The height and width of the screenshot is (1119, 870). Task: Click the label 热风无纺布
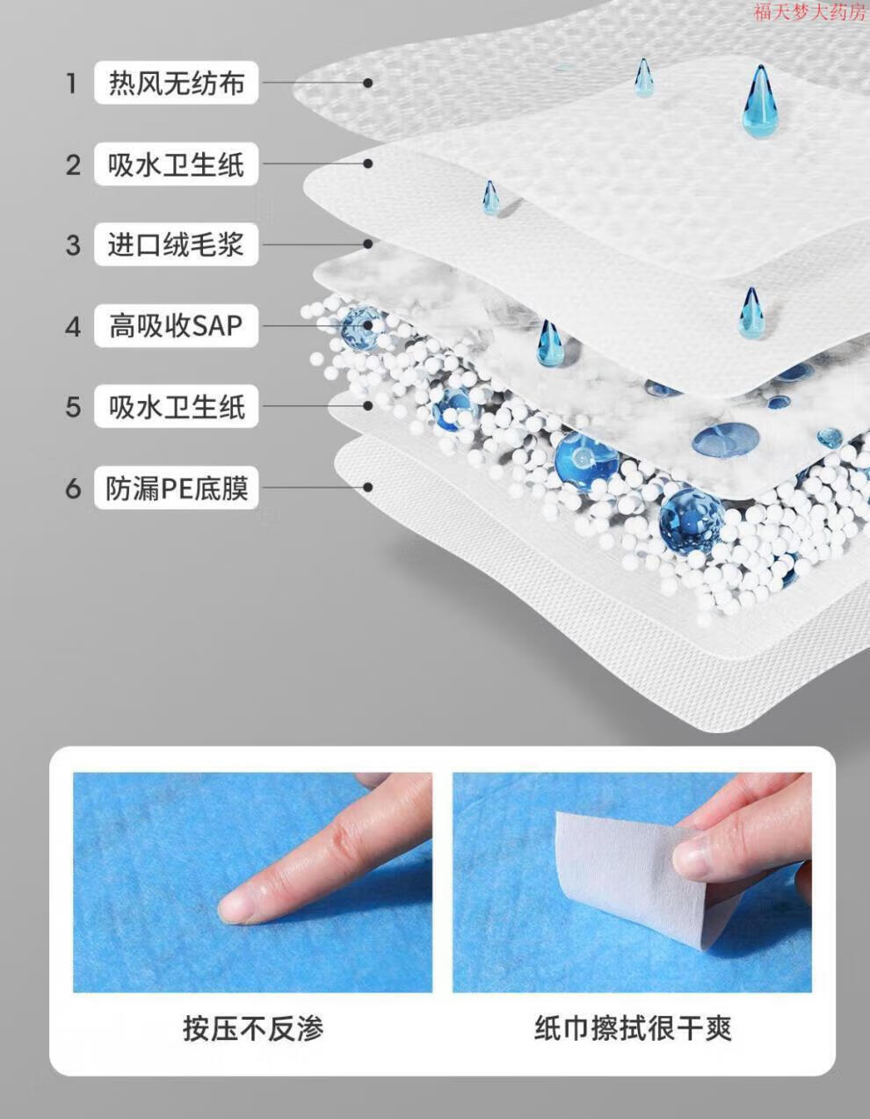tap(176, 83)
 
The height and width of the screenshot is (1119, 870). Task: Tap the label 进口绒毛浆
tap(176, 244)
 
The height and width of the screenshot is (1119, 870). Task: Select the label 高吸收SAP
tap(176, 325)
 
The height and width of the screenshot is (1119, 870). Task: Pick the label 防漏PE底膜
tap(176, 488)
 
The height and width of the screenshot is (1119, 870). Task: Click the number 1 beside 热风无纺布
tap(72, 84)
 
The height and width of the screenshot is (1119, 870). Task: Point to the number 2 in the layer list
tap(73, 164)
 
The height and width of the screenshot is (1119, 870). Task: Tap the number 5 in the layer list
tap(73, 407)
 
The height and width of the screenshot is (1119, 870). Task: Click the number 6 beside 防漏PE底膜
tap(73, 488)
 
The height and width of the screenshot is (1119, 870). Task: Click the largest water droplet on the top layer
tap(760, 101)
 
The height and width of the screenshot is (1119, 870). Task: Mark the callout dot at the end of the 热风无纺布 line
tap(367, 83)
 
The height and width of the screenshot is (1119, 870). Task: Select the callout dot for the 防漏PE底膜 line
tap(367, 487)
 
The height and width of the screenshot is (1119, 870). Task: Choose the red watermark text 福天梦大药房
tap(810, 11)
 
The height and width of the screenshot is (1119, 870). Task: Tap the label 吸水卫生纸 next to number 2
tap(176, 164)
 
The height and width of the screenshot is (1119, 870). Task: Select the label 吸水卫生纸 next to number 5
tap(176, 406)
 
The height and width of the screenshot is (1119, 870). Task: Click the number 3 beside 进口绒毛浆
tap(73, 245)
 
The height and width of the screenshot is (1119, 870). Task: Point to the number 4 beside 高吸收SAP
tap(73, 327)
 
